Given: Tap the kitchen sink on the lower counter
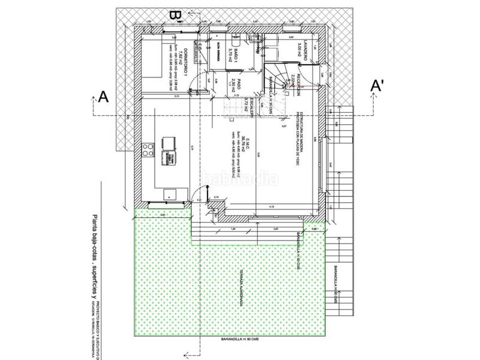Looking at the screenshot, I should (169, 193).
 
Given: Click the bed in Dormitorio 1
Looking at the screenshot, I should (155, 60).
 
